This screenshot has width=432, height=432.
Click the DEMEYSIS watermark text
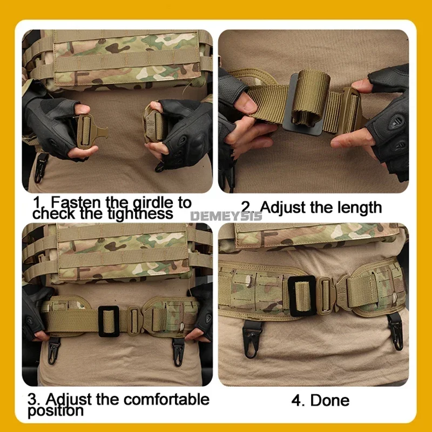click(x=226, y=217)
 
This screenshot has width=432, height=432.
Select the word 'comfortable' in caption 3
click(x=166, y=399)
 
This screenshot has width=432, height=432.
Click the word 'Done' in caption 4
click(x=330, y=400)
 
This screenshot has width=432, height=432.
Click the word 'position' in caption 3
click(x=56, y=411)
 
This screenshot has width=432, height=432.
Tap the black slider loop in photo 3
click(x=109, y=321)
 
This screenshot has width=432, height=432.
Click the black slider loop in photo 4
click(x=302, y=295)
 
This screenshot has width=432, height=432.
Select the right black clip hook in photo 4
click(x=396, y=332)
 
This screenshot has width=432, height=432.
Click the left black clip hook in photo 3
click(x=53, y=349)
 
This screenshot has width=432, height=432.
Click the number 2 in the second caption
click(x=245, y=207)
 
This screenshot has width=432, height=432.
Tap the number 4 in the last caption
click(x=296, y=401)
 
